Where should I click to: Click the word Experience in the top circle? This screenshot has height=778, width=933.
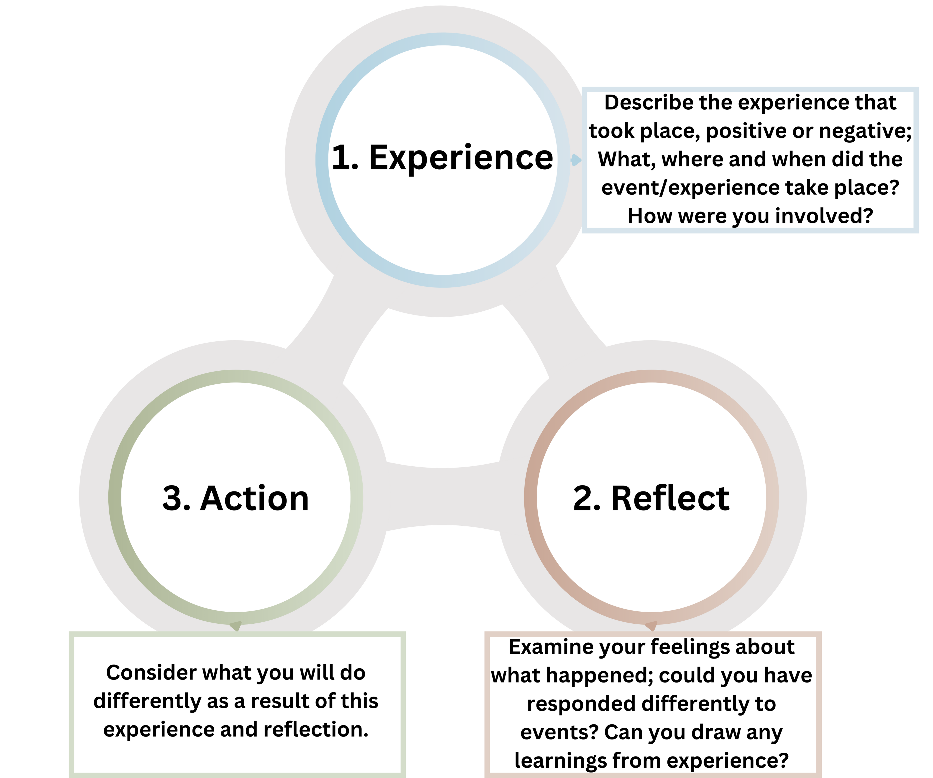pyautogui.click(x=461, y=158)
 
